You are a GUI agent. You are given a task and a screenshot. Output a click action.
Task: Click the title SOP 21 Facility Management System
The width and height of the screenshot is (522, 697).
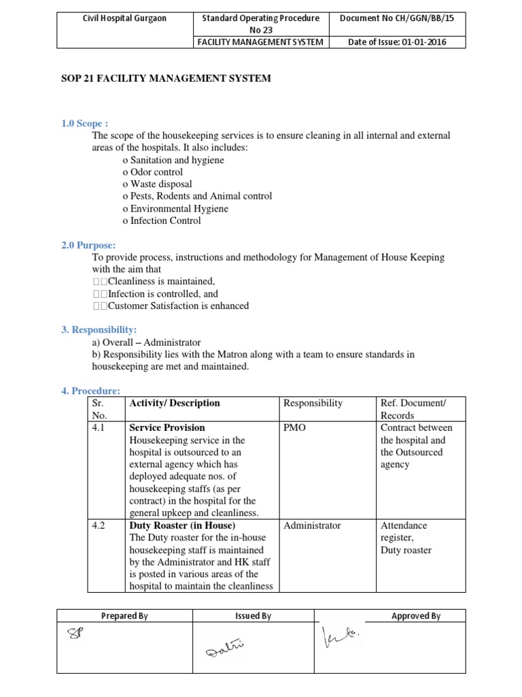(166, 78)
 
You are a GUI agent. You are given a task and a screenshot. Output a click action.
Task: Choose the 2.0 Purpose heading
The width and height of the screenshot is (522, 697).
(88, 245)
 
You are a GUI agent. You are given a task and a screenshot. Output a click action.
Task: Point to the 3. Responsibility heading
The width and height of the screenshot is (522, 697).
(99, 330)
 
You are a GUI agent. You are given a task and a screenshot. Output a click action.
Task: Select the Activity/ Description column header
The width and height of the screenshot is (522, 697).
(175, 403)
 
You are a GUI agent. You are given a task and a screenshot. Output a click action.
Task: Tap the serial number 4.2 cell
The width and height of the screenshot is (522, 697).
(99, 525)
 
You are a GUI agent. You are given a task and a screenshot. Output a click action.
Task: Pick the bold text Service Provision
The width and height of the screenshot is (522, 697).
(167, 427)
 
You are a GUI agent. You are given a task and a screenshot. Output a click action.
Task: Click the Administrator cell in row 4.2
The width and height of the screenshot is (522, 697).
(312, 525)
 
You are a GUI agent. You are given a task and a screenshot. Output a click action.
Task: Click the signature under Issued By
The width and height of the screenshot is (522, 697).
(224, 655)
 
